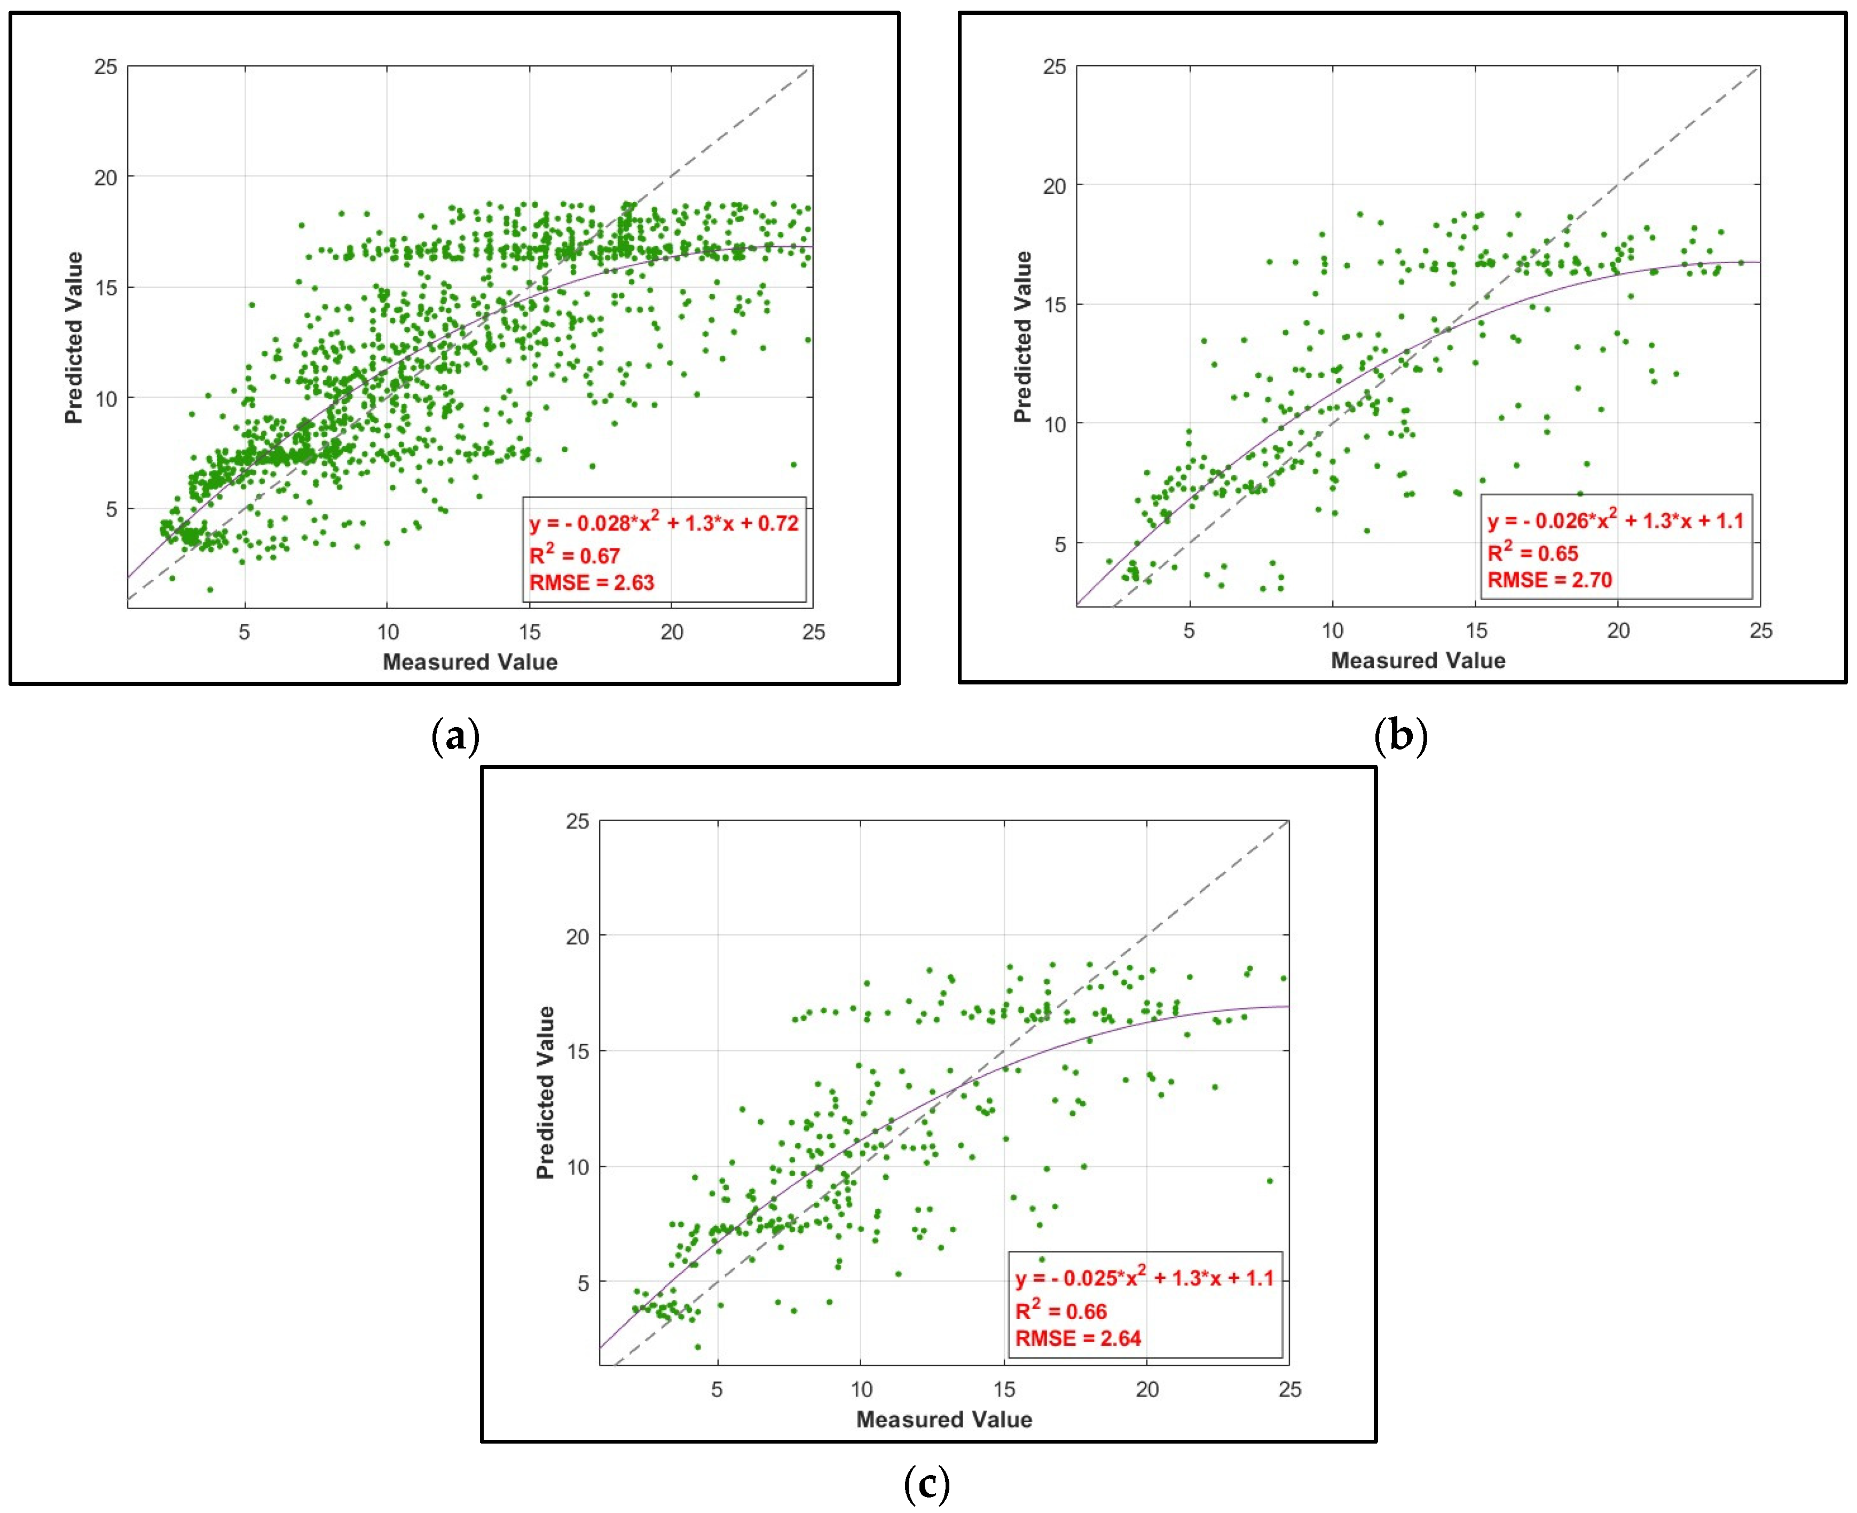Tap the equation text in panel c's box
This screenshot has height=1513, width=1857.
tap(1144, 1278)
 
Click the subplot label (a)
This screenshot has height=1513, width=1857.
tap(456, 736)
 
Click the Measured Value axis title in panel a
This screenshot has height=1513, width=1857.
tap(470, 663)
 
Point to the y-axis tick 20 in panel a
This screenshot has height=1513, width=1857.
tap(105, 178)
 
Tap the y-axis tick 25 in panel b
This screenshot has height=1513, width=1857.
tap(1055, 67)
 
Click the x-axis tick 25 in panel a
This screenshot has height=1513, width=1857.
tap(813, 633)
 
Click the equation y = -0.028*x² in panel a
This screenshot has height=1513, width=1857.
tap(664, 523)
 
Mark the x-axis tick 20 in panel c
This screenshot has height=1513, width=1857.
tap(1147, 1389)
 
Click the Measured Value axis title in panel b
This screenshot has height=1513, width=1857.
tap(1418, 660)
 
